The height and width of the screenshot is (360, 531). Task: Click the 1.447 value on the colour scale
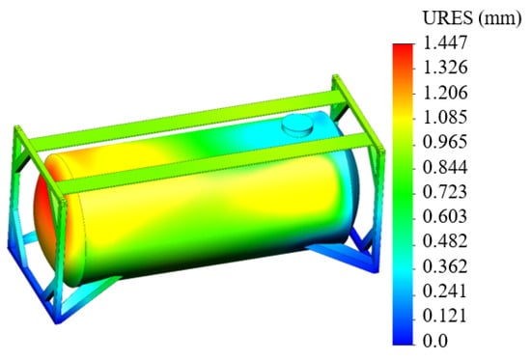(445, 43)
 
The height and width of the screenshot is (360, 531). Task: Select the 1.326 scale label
(445, 68)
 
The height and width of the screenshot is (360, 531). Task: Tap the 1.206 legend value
(445, 93)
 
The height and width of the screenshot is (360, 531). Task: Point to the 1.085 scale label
(445, 117)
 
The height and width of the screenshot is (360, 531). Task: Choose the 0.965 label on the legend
(445, 142)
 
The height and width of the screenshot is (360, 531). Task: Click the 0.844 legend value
(445, 167)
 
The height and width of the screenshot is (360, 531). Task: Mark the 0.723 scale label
(445, 192)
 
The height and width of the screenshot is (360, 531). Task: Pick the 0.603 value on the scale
(445, 216)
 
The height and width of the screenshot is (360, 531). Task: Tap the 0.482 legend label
(445, 241)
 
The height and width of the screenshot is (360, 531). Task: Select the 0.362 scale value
(445, 266)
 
